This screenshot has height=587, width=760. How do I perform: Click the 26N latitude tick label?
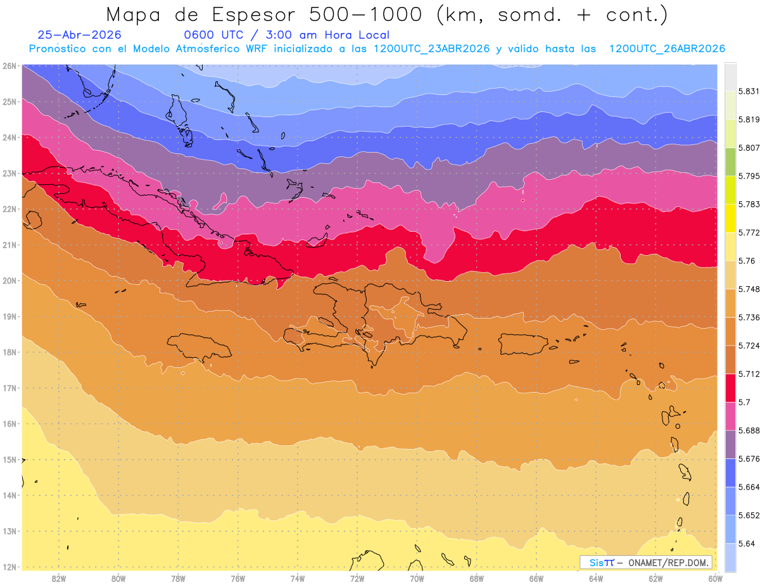pyautogui.click(x=9, y=66)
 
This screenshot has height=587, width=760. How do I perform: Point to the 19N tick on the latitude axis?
pyautogui.click(x=9, y=317)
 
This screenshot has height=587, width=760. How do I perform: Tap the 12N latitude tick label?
pyautogui.click(x=9, y=567)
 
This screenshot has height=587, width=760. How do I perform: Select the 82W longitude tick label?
pyautogui.click(x=58, y=579)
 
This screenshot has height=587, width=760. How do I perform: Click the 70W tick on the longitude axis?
pyautogui.click(x=417, y=579)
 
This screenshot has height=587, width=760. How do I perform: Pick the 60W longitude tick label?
pyautogui.click(x=715, y=579)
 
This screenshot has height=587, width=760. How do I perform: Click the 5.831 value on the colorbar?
pyautogui.click(x=749, y=91)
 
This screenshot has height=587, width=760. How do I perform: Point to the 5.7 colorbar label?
pyautogui.click(x=744, y=402)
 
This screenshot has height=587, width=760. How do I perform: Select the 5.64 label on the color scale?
pyautogui.click(x=746, y=544)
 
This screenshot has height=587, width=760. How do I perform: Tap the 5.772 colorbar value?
pyautogui.click(x=749, y=232)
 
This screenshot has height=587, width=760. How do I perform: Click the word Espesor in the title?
pyautogui.click(x=253, y=15)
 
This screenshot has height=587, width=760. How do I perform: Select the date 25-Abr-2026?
pyautogui.click(x=79, y=35)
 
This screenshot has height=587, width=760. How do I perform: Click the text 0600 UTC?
pyautogui.click(x=213, y=35)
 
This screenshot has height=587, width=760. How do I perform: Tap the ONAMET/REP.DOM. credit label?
pyautogui.click(x=668, y=563)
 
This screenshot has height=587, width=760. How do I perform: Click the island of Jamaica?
pyautogui.click(x=199, y=346)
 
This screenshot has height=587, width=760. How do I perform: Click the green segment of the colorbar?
pyautogui.click(x=730, y=162)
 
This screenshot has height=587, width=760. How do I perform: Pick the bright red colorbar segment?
pyautogui.click(x=730, y=388)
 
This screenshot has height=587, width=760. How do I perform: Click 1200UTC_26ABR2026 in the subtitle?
pyautogui.click(x=667, y=49)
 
